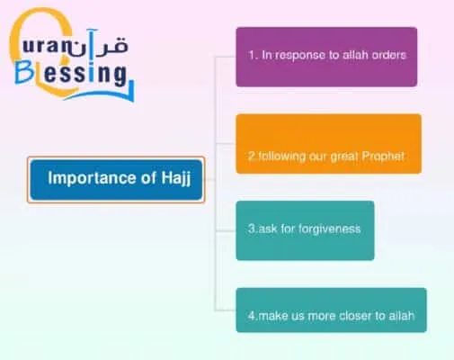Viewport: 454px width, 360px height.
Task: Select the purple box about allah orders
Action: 326,56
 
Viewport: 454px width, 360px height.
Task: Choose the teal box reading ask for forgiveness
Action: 305,229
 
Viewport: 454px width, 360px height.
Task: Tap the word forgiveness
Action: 330,229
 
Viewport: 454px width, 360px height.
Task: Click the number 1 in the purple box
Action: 251,55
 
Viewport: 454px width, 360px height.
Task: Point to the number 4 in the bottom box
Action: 251,317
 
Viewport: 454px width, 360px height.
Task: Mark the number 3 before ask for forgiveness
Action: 251,229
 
